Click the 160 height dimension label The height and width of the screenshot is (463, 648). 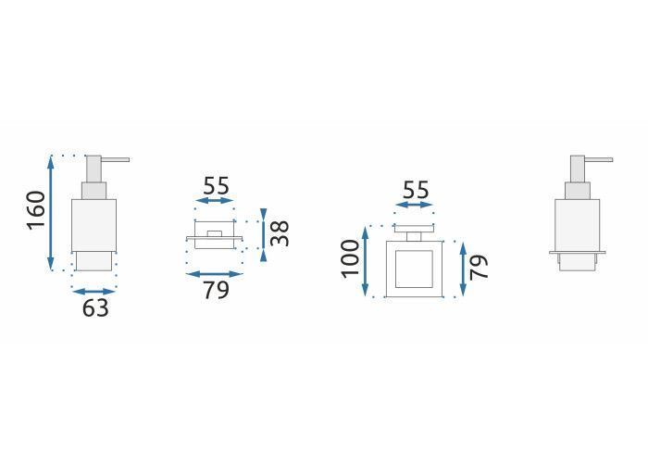pos(35,210)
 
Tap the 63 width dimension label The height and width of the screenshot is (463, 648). pos(95,308)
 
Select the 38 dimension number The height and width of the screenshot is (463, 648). pos(280,233)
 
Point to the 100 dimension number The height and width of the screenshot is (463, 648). pos(351,258)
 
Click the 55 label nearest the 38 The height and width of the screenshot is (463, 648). pos(216,185)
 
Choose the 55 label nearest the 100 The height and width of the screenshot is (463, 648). pos(416,190)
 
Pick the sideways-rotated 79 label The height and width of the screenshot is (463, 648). pos(480,267)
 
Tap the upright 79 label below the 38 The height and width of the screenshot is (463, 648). pos(216,290)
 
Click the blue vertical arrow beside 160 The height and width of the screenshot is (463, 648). pos(51,213)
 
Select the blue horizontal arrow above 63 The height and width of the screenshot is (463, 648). pos(93,292)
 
